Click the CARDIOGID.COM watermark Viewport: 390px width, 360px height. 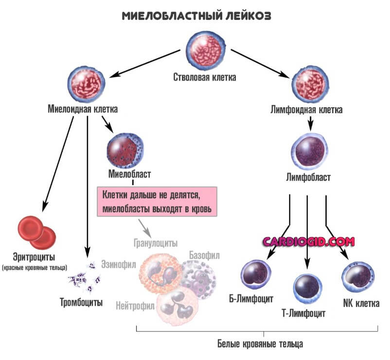(308, 241)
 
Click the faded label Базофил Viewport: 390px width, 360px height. (204, 255)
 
